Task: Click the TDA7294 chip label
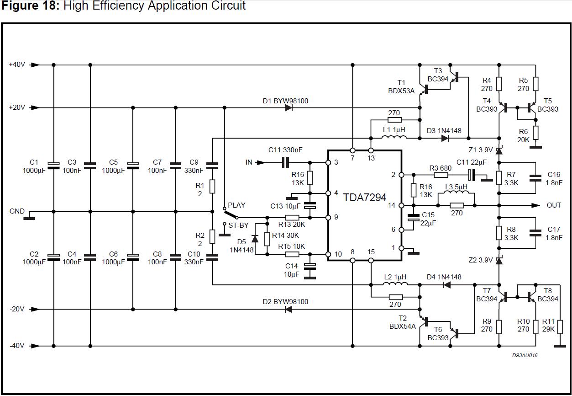(x=365, y=198)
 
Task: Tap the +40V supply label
(x=17, y=64)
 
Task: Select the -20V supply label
(x=17, y=309)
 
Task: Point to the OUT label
(x=554, y=205)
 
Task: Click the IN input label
(x=249, y=162)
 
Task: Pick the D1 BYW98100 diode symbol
(x=289, y=108)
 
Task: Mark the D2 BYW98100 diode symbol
(x=289, y=310)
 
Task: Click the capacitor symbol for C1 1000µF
(x=54, y=166)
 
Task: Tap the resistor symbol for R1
(x=212, y=186)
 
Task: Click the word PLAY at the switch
(x=236, y=205)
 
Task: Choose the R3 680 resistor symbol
(x=441, y=175)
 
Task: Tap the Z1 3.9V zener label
(x=480, y=150)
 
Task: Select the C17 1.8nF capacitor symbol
(x=535, y=233)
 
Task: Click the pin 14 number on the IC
(x=392, y=205)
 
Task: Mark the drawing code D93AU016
(x=525, y=355)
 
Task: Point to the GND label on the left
(x=17, y=211)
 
